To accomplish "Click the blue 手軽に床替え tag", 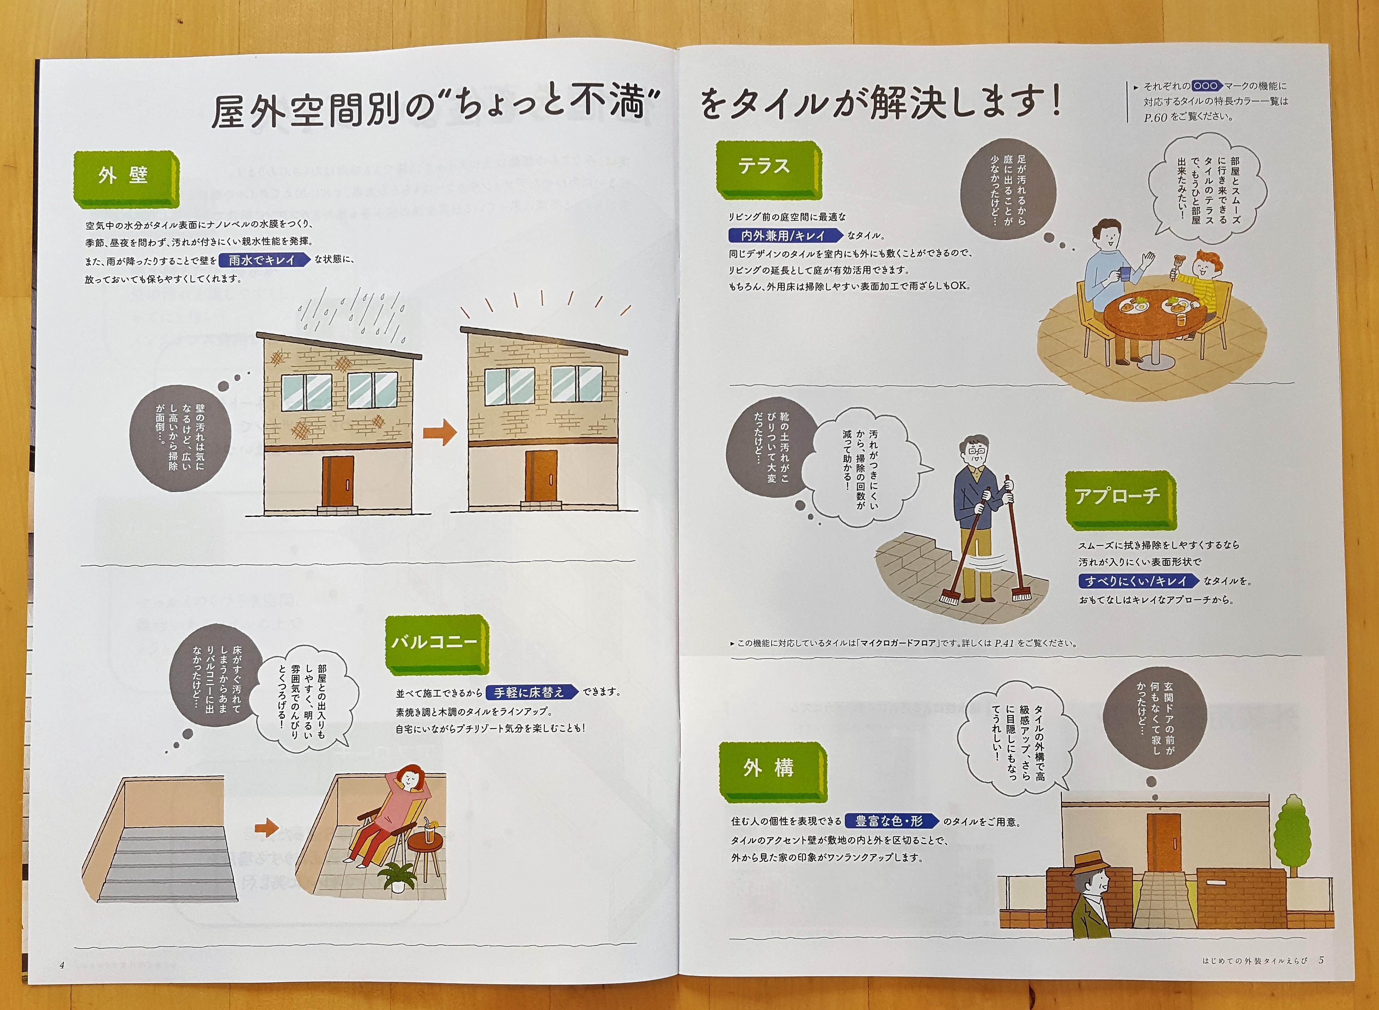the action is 532,692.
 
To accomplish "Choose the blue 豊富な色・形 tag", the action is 892,821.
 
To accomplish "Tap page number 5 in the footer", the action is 1321,960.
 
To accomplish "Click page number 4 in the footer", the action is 62,965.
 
